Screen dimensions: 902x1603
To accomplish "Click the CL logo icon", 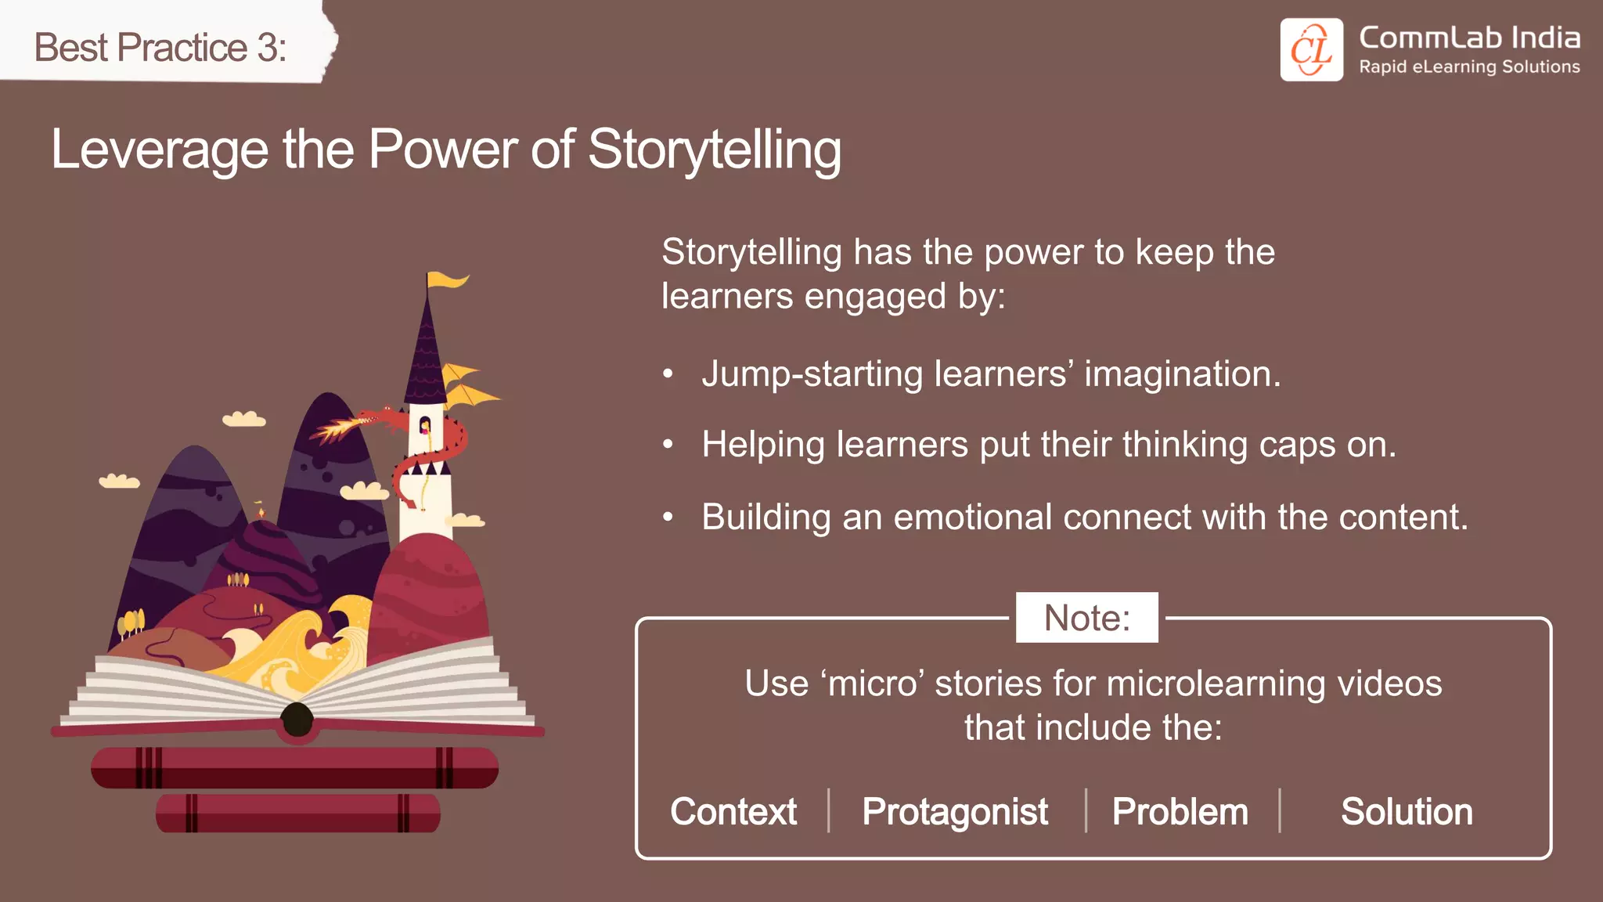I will coord(1311,50).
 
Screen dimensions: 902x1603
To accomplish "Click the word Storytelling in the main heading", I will coord(714,149).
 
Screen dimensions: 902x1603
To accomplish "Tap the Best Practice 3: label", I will coord(160,47).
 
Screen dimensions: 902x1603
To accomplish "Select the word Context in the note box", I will coord(733,811).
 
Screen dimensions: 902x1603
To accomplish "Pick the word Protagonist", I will coord(954,811).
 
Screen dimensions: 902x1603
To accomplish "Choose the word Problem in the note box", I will coord(1180,811).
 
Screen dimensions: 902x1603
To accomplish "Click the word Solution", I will coord(1406,811).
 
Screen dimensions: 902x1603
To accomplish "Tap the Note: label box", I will coord(1086,618).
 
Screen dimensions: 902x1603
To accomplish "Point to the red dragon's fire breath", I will coord(337,429).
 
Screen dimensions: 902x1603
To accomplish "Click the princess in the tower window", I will coord(425,427).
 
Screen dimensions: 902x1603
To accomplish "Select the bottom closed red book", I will coord(297,813).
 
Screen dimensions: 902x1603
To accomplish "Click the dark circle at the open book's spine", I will coord(297,719).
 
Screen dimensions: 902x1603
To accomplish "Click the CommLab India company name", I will coord(1468,38).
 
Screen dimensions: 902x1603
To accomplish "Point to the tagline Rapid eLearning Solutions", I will coord(1468,67).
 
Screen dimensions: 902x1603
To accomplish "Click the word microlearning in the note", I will coord(1216,683).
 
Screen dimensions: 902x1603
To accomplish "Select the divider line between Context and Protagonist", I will coord(829,810).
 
